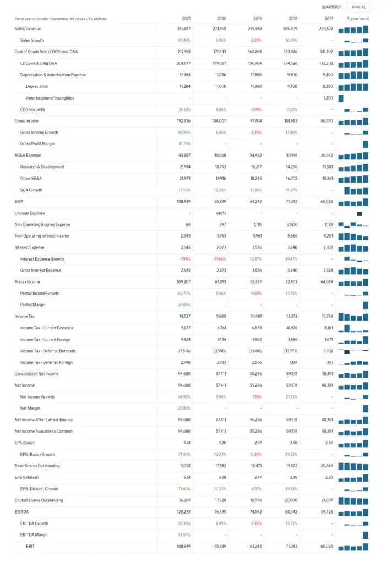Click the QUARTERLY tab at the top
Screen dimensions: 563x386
pyautogui.click(x=331, y=7)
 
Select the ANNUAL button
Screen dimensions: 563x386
pyautogui.click(x=358, y=7)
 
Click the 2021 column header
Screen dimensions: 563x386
pyautogui.click(x=186, y=19)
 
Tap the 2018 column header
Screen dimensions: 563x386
pyautogui.click(x=293, y=19)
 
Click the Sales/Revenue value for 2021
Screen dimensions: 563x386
pyautogui.click(x=183, y=29)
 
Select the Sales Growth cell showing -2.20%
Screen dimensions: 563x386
pyautogui.click(x=255, y=40)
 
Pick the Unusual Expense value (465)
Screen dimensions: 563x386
pyautogui.click(x=221, y=213)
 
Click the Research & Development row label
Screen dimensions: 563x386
pyautogui.click(x=42, y=167)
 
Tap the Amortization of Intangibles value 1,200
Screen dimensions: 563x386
pyautogui.click(x=328, y=98)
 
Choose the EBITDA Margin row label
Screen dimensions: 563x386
pyautogui.click(x=34, y=535)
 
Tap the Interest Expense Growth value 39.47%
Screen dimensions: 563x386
pyautogui.click(x=291, y=259)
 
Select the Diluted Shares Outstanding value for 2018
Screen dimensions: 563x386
pyautogui.click(x=291, y=500)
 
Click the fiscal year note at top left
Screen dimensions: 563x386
pyautogui.click(x=61, y=19)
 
